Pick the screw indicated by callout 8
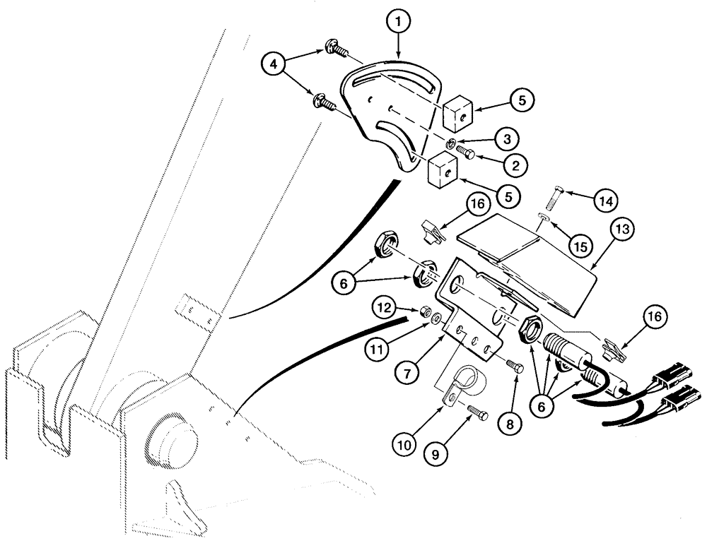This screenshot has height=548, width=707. pos(515,365)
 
